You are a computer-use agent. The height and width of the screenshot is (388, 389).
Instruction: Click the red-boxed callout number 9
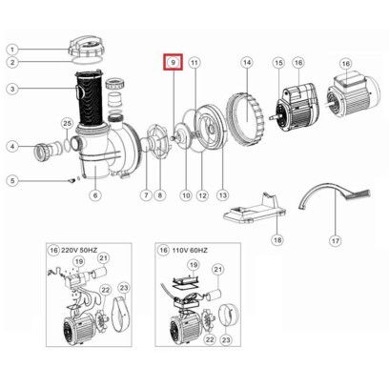pos(173,62)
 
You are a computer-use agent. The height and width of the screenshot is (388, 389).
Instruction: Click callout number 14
pos(246,62)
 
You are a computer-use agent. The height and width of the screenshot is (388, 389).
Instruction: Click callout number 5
pos(11,180)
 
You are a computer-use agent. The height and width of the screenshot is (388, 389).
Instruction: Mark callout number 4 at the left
pos(11,146)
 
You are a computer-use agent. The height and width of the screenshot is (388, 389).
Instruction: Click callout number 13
pos(223,195)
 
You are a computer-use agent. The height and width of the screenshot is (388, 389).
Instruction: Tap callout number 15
pos(278,62)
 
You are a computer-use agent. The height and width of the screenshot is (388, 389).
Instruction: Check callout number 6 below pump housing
pos(94,195)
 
